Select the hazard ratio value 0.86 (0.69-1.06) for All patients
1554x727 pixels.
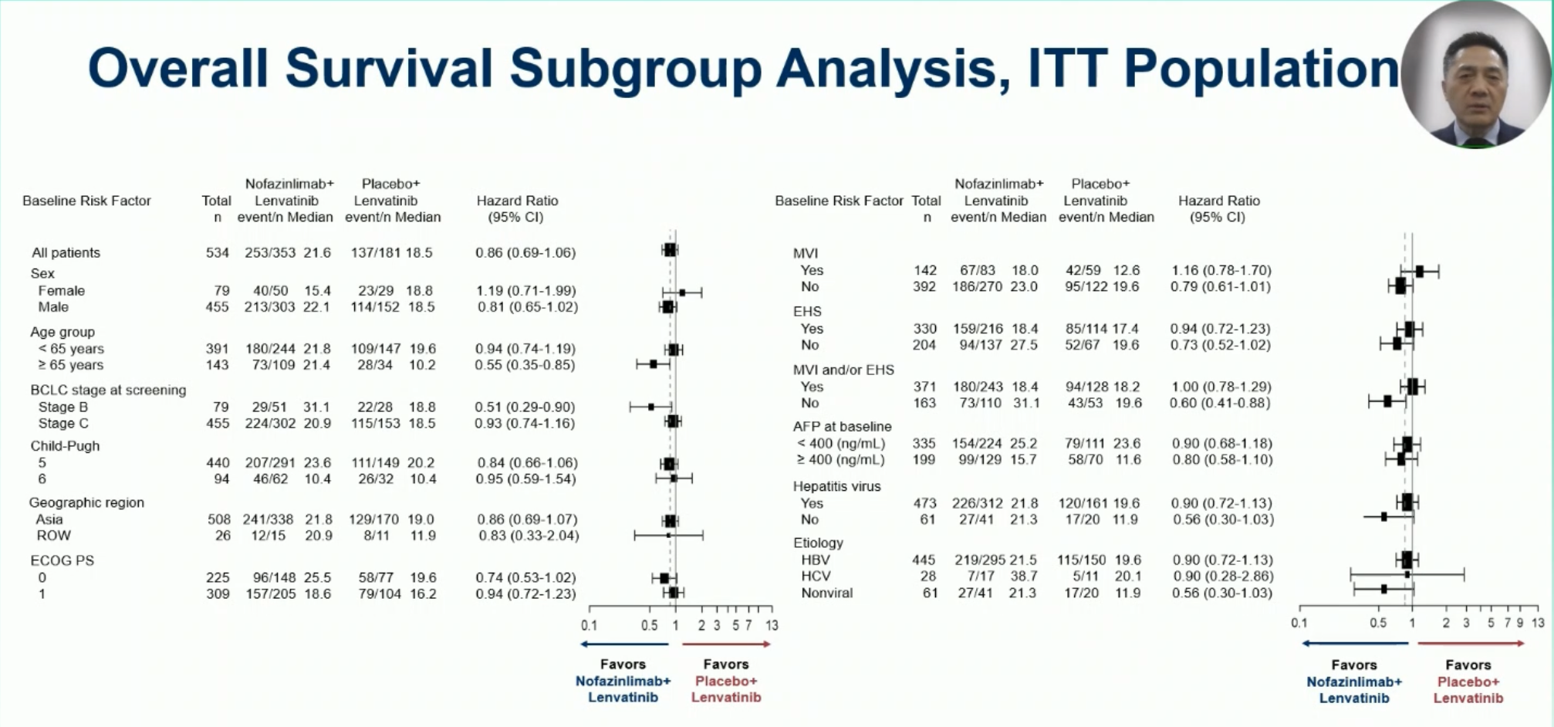click(525, 252)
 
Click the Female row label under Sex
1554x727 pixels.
click(62, 291)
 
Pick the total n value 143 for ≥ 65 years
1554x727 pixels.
click(218, 365)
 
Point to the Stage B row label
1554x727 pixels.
click(63, 407)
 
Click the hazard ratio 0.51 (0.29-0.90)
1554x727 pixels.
click(525, 407)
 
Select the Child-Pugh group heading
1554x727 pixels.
click(65, 446)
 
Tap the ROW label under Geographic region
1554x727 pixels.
click(53, 536)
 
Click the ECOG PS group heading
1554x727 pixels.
click(62, 560)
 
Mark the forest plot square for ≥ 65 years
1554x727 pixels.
click(653, 363)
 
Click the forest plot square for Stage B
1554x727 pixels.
click(650, 407)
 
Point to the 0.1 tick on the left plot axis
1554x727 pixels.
click(589, 625)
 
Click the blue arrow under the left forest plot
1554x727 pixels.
click(624, 644)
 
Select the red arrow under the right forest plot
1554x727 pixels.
click(1471, 643)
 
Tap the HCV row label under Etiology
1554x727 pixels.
click(816, 576)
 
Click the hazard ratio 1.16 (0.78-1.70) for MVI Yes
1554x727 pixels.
click(1221, 270)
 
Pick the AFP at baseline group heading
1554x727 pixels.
click(842, 426)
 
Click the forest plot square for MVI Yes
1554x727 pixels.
click(1419, 271)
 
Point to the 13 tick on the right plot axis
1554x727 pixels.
click(1538, 623)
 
